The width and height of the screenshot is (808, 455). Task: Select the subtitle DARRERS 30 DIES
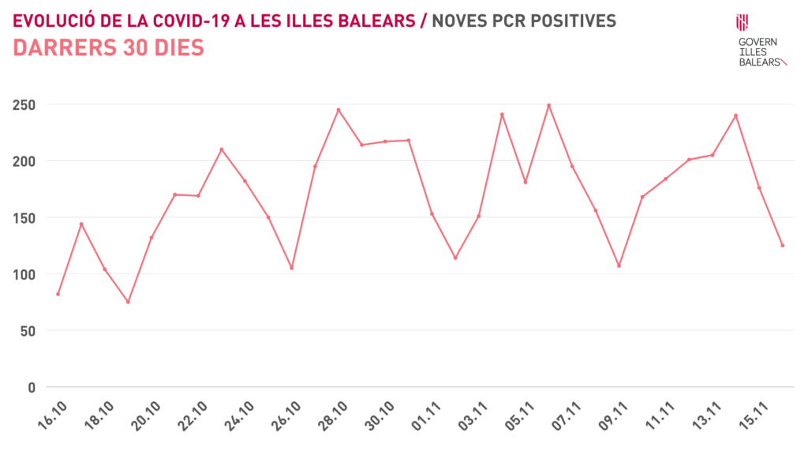pos(109,48)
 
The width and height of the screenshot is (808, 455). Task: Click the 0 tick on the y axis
pos(32,387)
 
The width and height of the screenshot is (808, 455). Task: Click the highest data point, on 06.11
pos(548,105)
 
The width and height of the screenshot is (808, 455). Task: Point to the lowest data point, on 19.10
pos(128,302)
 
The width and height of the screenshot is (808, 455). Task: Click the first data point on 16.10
pos(58,294)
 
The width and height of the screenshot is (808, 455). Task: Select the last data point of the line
pos(782,246)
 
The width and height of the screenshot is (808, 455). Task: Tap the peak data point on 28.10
pos(339,110)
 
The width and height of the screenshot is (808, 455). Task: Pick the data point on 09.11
pos(619,265)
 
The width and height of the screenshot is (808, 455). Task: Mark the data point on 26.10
pos(291,268)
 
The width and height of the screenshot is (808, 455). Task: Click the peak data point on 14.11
pos(735,115)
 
